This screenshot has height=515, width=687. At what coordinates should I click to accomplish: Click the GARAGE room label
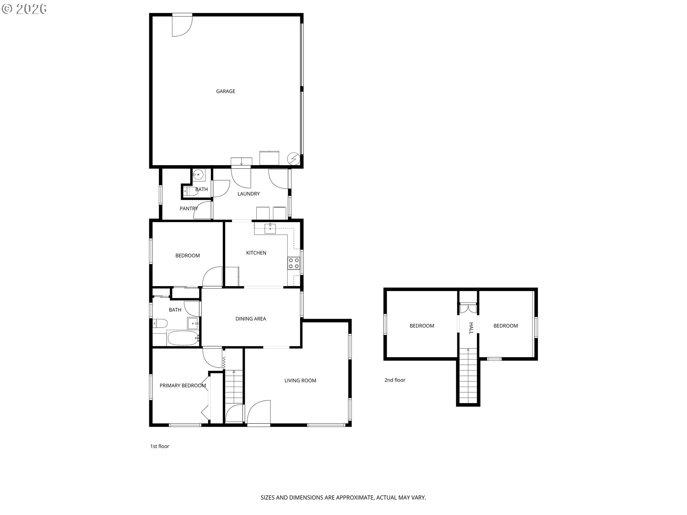pyautogui.click(x=225, y=91)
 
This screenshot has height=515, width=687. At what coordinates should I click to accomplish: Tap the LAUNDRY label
pyautogui.click(x=248, y=194)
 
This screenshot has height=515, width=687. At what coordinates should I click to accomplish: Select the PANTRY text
pyautogui.click(x=189, y=209)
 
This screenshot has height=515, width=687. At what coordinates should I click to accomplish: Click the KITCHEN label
pyautogui.click(x=256, y=253)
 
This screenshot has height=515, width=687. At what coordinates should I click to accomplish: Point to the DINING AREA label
pyautogui.click(x=250, y=319)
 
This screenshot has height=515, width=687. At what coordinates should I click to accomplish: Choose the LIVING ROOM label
pyautogui.click(x=300, y=381)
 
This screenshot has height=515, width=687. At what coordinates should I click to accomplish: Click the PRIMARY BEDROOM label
pyautogui.click(x=182, y=386)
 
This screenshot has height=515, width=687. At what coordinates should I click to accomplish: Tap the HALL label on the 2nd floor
pyautogui.click(x=471, y=328)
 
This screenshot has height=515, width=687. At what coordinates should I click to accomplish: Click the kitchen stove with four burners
pyautogui.click(x=294, y=263)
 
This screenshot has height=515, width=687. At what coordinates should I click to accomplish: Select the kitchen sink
pyautogui.click(x=270, y=228)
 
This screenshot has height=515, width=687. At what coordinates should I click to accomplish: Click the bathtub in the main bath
pyautogui.click(x=183, y=338)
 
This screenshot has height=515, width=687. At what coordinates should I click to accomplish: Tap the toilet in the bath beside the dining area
pyautogui.click(x=160, y=324)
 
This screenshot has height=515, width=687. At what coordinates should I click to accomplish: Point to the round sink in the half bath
pyautogui.click(x=198, y=175)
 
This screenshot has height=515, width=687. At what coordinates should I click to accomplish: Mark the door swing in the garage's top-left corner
pyautogui.click(x=182, y=25)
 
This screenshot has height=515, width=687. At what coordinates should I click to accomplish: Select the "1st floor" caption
pyautogui.click(x=160, y=446)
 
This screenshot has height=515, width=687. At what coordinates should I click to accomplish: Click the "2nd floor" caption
pyautogui.click(x=395, y=380)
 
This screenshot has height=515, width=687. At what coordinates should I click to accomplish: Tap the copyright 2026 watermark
pyautogui.click(x=24, y=9)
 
